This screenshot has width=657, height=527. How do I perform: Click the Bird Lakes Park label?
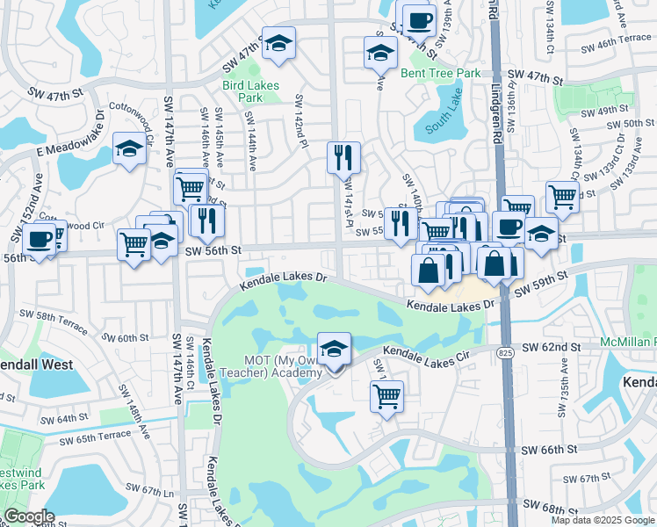244,92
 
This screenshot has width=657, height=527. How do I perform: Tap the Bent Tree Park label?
441,73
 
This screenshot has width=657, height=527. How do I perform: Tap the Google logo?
29,516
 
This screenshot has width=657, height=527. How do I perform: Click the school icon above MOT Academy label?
334,350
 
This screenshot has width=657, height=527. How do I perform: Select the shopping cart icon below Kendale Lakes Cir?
386,397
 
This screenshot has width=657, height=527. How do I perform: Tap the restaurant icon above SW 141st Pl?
343,158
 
